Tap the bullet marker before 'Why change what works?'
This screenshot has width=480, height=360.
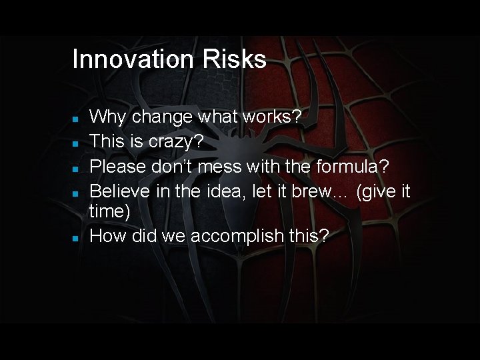(x=76, y=118)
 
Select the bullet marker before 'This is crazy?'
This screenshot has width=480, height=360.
(x=76, y=143)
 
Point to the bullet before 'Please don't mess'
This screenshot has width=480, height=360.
(x=76, y=167)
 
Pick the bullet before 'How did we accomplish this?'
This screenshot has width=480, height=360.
(x=76, y=237)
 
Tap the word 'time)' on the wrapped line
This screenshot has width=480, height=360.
(x=111, y=211)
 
